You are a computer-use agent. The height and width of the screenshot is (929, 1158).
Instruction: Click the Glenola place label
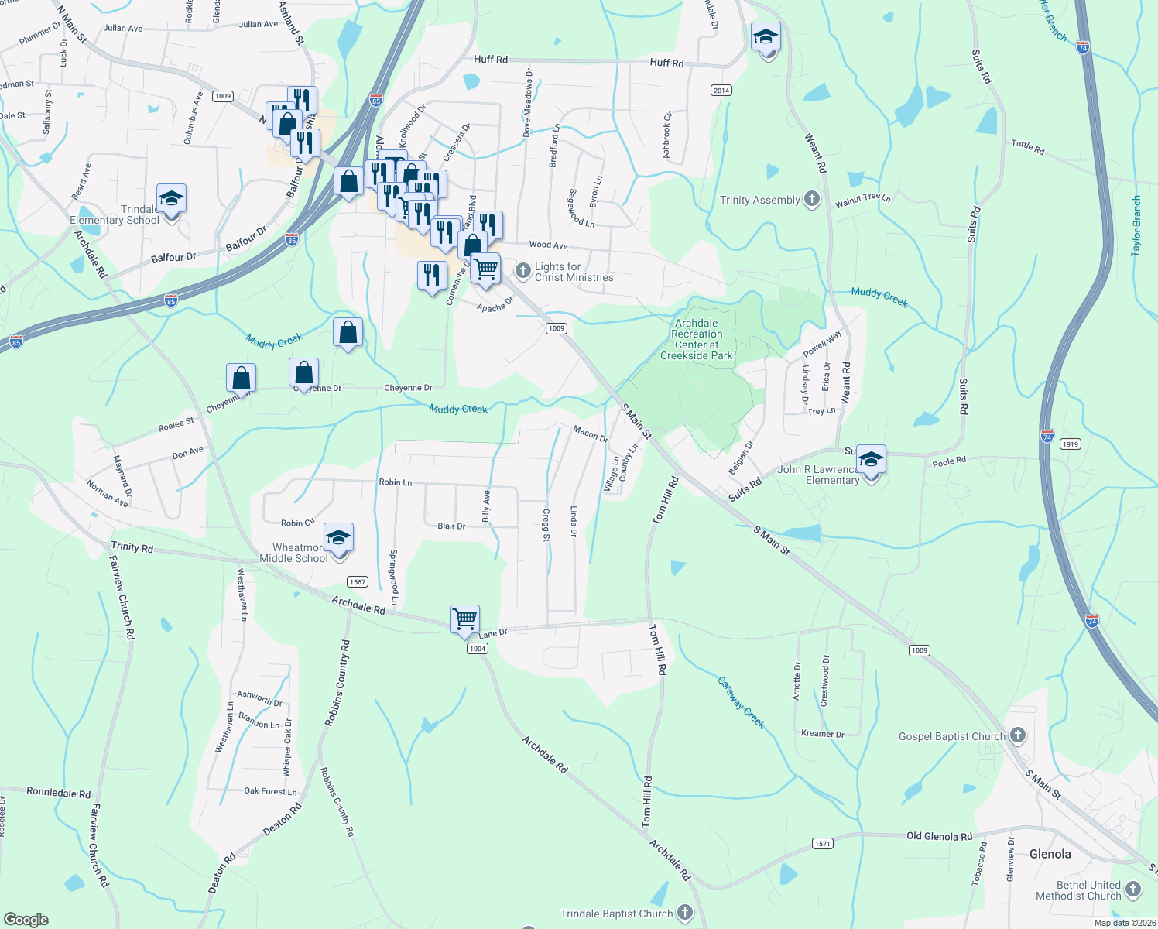pos(1050,854)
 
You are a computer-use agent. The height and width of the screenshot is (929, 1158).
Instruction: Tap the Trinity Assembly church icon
pos(811,199)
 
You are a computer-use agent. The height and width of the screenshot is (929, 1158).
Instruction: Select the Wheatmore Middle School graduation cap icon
pos(338,537)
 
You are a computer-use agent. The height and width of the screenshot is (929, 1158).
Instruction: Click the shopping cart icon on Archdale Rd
pos(464,619)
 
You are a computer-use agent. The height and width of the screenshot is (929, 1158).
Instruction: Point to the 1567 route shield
pos(357,582)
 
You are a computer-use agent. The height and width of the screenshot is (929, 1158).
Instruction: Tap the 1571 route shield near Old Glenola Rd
pos(822,843)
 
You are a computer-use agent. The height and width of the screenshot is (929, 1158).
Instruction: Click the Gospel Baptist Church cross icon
pos(1017,735)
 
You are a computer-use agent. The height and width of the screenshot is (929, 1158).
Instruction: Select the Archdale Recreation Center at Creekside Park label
pos(697,340)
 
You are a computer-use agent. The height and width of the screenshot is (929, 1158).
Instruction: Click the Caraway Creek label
pos(741,703)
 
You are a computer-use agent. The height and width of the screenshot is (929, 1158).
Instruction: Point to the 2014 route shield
pos(721,91)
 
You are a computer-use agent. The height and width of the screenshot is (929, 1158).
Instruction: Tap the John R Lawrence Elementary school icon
pos(871,460)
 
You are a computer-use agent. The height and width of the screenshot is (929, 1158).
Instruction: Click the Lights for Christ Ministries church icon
pos(523,270)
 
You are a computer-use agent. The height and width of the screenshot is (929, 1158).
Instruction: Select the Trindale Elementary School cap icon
pos(171,198)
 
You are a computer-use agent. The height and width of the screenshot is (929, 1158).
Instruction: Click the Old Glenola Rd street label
pos(939,836)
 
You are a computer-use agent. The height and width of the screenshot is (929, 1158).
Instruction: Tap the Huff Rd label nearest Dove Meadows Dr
pos(491,59)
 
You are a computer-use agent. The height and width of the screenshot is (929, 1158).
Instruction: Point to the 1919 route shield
pos(1071,444)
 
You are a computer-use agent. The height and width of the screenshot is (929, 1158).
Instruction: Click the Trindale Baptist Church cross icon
pos(684,913)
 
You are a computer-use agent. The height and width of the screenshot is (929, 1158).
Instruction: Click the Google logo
pos(26,920)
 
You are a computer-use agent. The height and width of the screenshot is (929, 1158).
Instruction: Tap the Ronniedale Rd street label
pos(58,793)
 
